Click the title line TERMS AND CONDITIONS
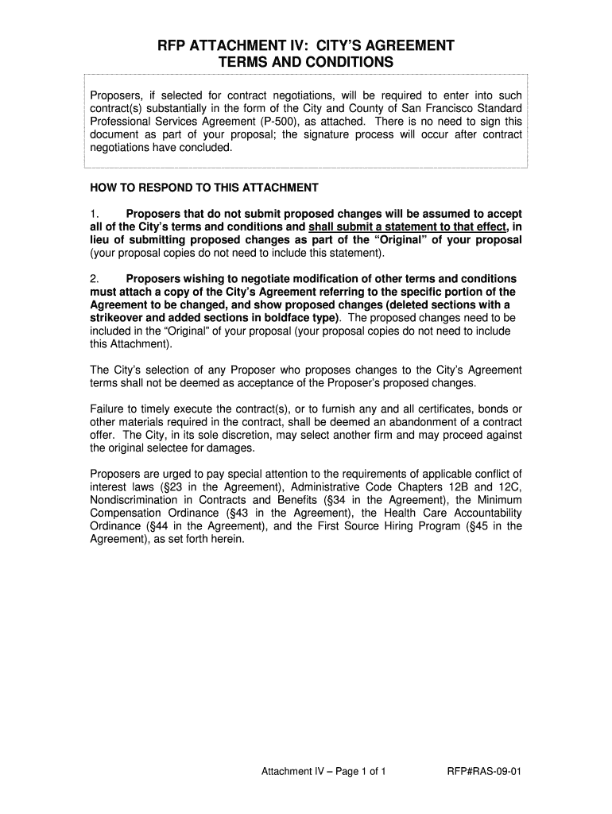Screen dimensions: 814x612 tap(305, 62)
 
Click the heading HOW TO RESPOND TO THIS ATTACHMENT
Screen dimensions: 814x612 tap(204, 188)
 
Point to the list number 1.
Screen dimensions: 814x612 tap(93, 214)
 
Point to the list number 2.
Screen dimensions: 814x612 tap(93, 279)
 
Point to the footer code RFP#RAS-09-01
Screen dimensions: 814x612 tap(485, 772)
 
